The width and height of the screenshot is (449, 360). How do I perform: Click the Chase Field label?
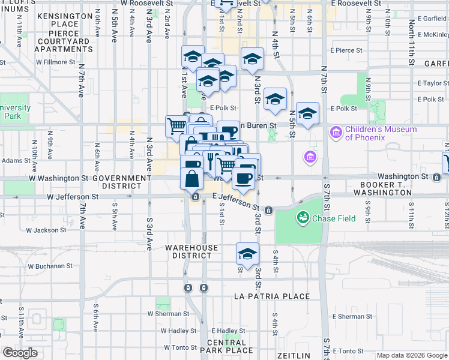[334, 219]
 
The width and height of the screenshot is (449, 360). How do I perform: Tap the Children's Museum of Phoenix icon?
[336, 130]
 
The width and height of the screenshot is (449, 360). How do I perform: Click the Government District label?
[122, 182]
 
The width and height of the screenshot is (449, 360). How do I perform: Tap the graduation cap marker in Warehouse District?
[247, 254]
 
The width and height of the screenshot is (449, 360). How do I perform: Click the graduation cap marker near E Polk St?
[275, 99]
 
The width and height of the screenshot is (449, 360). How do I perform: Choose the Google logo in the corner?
[19, 353]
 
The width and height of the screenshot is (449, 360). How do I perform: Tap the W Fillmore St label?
[55, 61]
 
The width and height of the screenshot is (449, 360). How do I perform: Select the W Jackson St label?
[46, 230]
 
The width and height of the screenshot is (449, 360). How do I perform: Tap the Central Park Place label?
[226, 346]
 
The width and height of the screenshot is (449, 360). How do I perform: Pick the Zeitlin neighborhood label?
[294, 356]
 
